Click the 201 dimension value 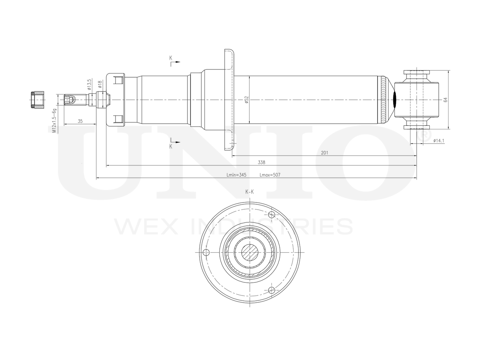[x=325, y=153]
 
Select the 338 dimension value [x=261, y=162]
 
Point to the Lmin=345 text [x=236, y=175]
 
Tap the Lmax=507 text [x=270, y=175]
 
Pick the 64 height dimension [x=445, y=100]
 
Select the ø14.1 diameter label [x=438, y=141]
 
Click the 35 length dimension [x=80, y=121]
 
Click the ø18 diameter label [x=100, y=84]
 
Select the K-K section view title [x=249, y=192]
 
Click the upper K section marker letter [x=171, y=58]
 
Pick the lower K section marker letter [x=171, y=147]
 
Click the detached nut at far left [x=37, y=100]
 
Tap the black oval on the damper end [x=394, y=100]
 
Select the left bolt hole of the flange [x=205, y=252]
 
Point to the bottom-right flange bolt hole [x=272, y=289]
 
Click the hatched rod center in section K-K [x=249, y=252]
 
